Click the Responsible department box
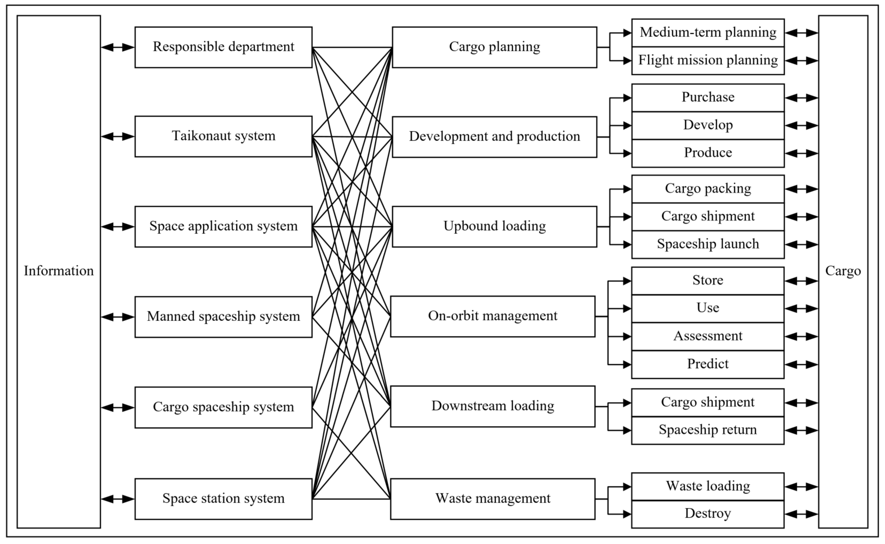(x=223, y=47)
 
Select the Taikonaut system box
(x=223, y=136)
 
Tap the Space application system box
(x=223, y=227)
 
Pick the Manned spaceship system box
(x=223, y=317)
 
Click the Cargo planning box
(x=494, y=47)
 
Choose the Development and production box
(x=494, y=137)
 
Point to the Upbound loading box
(x=494, y=227)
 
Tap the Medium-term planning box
(x=708, y=33)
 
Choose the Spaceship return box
(x=708, y=430)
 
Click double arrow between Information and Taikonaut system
(x=118, y=136)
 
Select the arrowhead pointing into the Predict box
(x=627, y=365)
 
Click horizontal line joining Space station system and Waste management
(x=351, y=499)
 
